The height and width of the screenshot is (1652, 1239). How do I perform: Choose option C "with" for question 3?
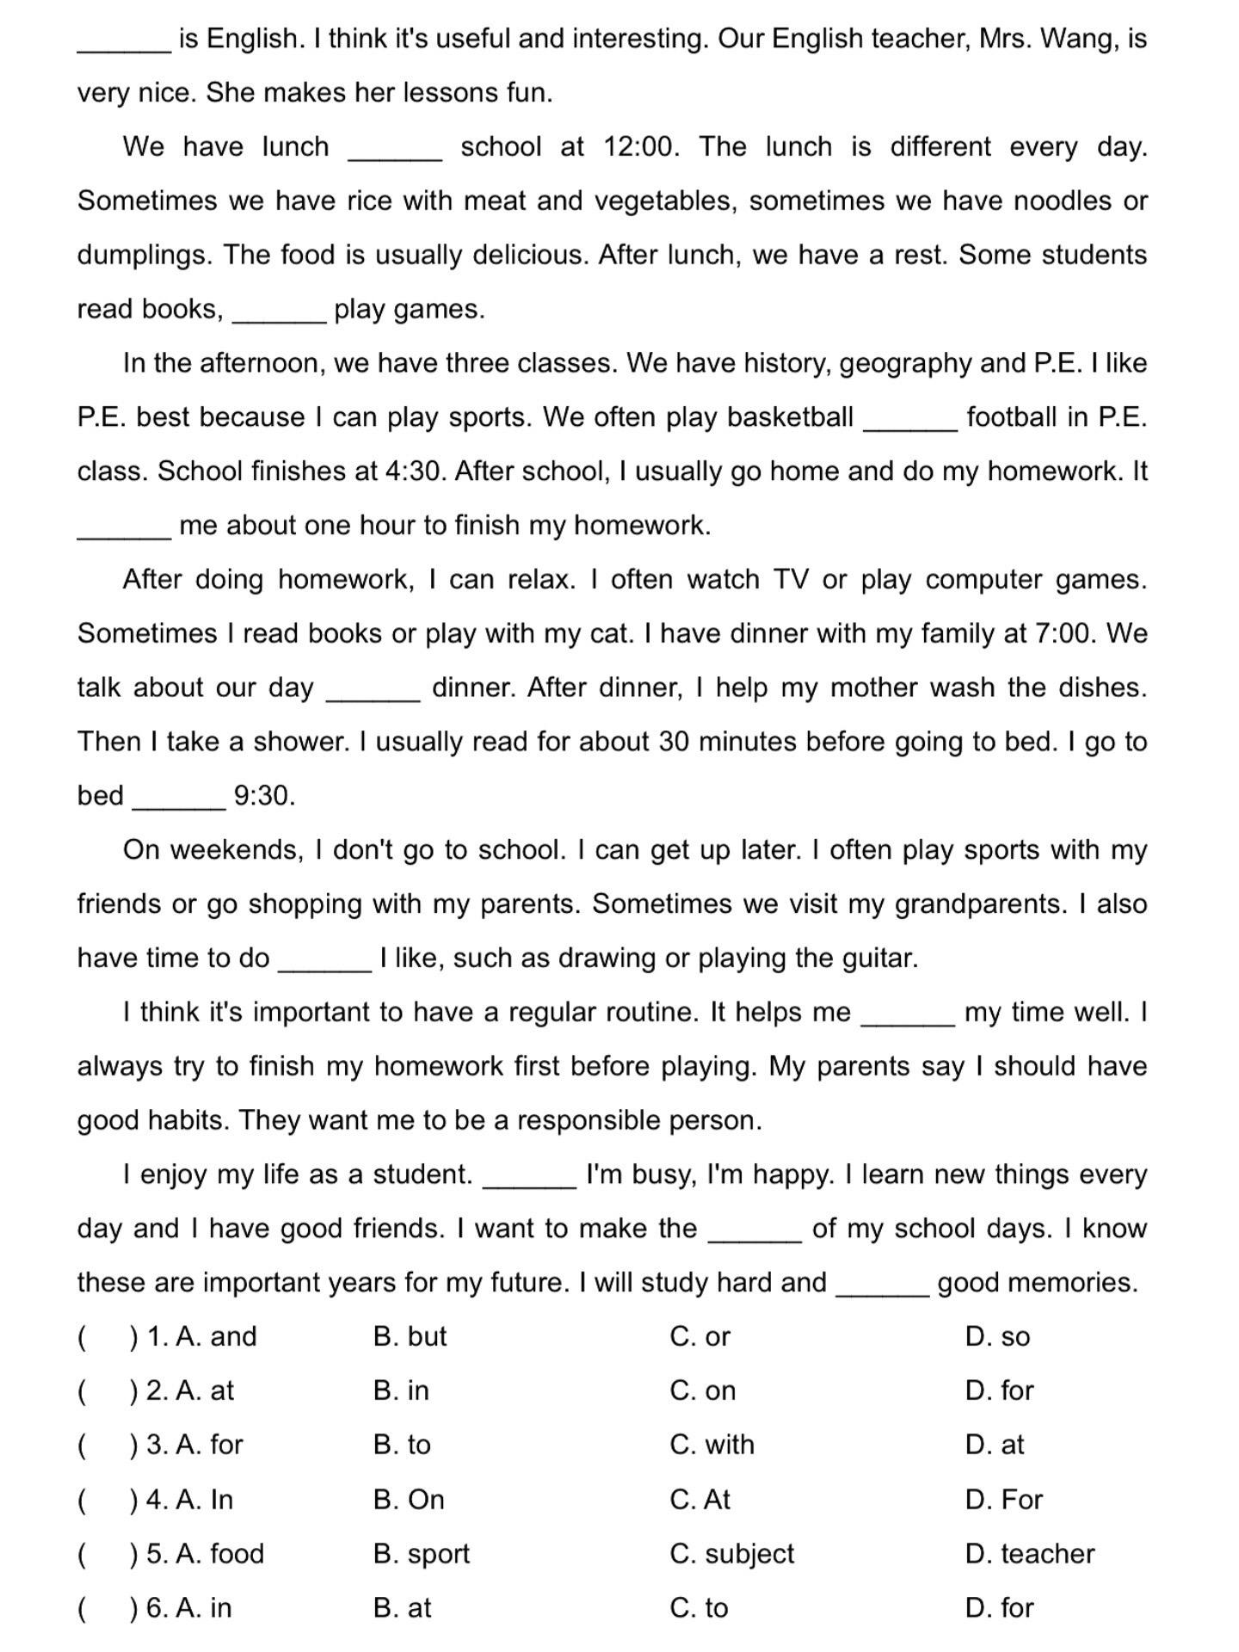coord(712,1445)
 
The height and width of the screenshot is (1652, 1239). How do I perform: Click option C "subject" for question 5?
coord(732,1554)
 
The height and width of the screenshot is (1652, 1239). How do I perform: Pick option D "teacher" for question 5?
coord(1030,1554)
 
